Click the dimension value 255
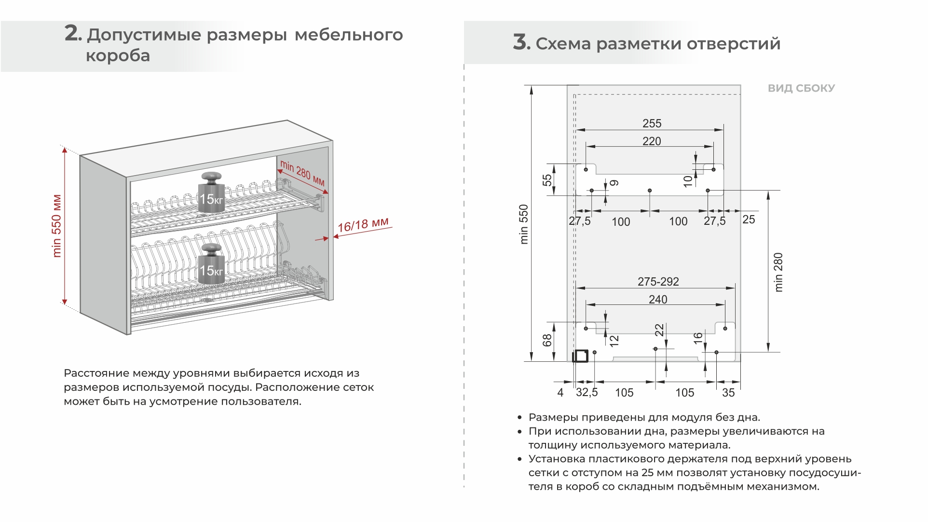tap(652, 124)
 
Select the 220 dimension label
tap(652, 141)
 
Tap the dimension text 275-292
tap(658, 282)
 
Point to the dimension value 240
tap(658, 300)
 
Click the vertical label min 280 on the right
tap(778, 272)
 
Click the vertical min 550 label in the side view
tap(524, 224)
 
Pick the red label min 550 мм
tap(57, 226)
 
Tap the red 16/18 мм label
tap(363, 225)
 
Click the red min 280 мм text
tap(302, 173)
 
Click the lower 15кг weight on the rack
tap(211, 264)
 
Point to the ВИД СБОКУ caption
tap(801, 88)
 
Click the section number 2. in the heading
tap(73, 34)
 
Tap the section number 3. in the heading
tap(521, 43)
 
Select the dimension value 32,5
tap(587, 392)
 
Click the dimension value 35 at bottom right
tap(728, 393)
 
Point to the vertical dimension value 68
tap(547, 341)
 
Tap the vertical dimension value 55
tap(547, 180)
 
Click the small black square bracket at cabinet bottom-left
tap(580, 356)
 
